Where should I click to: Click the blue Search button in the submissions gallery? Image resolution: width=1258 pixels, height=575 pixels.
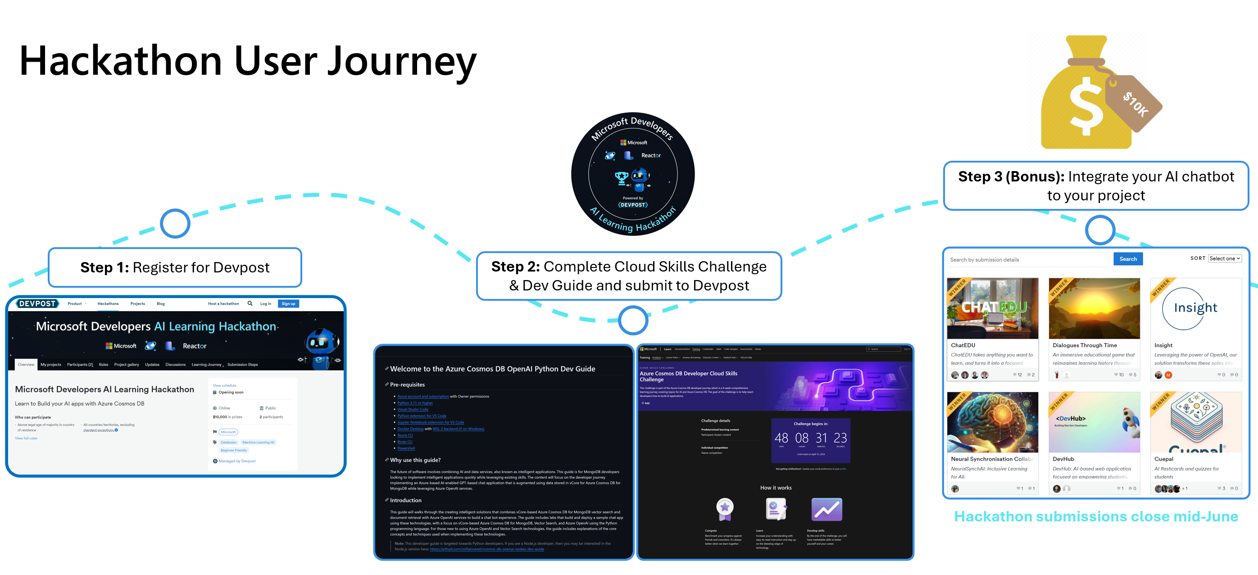pyautogui.click(x=1128, y=259)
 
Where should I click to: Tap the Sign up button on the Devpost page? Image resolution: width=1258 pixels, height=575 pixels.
pyautogui.click(x=288, y=303)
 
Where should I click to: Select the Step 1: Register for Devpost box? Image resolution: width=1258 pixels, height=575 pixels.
pyautogui.click(x=175, y=267)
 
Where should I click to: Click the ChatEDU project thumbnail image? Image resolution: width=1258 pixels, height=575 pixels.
pyautogui.click(x=992, y=308)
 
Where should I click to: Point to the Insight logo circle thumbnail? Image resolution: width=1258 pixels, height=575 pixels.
pyautogui.click(x=1195, y=308)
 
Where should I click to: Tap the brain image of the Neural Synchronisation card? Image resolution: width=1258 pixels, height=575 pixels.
pyautogui.click(x=992, y=422)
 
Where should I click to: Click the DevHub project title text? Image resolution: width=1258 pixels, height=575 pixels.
pyautogui.click(x=1063, y=459)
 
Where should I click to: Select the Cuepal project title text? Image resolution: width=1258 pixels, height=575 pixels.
pyautogui.click(x=1163, y=459)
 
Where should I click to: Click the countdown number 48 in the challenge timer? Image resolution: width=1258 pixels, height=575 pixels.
pyautogui.click(x=781, y=438)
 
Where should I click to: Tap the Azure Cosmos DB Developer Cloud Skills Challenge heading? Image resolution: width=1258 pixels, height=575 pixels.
pyautogui.click(x=688, y=376)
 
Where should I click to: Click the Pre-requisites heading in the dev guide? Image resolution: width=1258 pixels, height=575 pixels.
pyautogui.click(x=407, y=385)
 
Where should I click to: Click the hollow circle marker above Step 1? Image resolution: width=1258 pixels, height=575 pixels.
pyautogui.click(x=175, y=223)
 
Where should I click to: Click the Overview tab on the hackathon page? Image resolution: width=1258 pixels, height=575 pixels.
pyautogui.click(x=26, y=365)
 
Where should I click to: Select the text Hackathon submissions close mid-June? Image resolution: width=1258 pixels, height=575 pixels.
pyautogui.click(x=1096, y=516)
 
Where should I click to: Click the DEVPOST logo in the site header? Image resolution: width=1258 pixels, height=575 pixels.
pyautogui.click(x=37, y=303)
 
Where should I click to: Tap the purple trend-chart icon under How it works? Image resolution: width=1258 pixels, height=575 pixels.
pyautogui.click(x=827, y=509)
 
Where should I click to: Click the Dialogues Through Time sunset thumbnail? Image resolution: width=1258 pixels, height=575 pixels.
pyautogui.click(x=1094, y=308)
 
